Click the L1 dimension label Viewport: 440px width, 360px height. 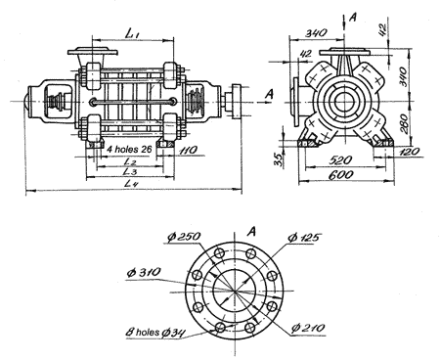[132, 33]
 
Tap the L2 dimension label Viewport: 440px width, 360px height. [130, 161]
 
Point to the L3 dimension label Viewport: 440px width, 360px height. [130, 171]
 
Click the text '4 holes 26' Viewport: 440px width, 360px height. [129, 150]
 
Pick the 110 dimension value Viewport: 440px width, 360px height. [188, 150]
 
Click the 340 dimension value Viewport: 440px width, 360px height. [316, 32]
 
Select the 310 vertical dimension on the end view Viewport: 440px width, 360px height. [403, 76]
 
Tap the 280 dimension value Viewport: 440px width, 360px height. [404, 123]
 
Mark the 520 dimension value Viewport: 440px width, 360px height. [340, 160]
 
